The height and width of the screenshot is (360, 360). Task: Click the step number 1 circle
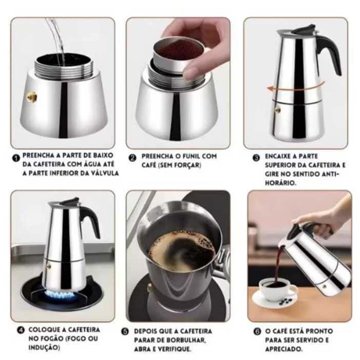tap(16, 158)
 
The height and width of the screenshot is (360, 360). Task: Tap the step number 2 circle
tap(132, 158)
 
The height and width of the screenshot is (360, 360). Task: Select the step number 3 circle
tap(256, 158)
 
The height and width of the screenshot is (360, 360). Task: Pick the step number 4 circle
tap(21, 330)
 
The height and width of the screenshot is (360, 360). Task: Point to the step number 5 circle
tap(125, 332)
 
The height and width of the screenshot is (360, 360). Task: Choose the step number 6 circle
tap(257, 332)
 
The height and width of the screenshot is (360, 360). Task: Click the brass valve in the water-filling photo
tap(31, 97)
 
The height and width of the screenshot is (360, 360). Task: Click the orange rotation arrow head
tap(271, 89)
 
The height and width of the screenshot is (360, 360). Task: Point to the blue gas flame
tap(60, 295)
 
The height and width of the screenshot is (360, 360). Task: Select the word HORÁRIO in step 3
tap(280, 183)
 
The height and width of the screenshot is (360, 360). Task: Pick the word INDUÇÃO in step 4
tap(44, 348)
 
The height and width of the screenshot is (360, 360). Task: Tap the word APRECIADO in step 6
tap(283, 349)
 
